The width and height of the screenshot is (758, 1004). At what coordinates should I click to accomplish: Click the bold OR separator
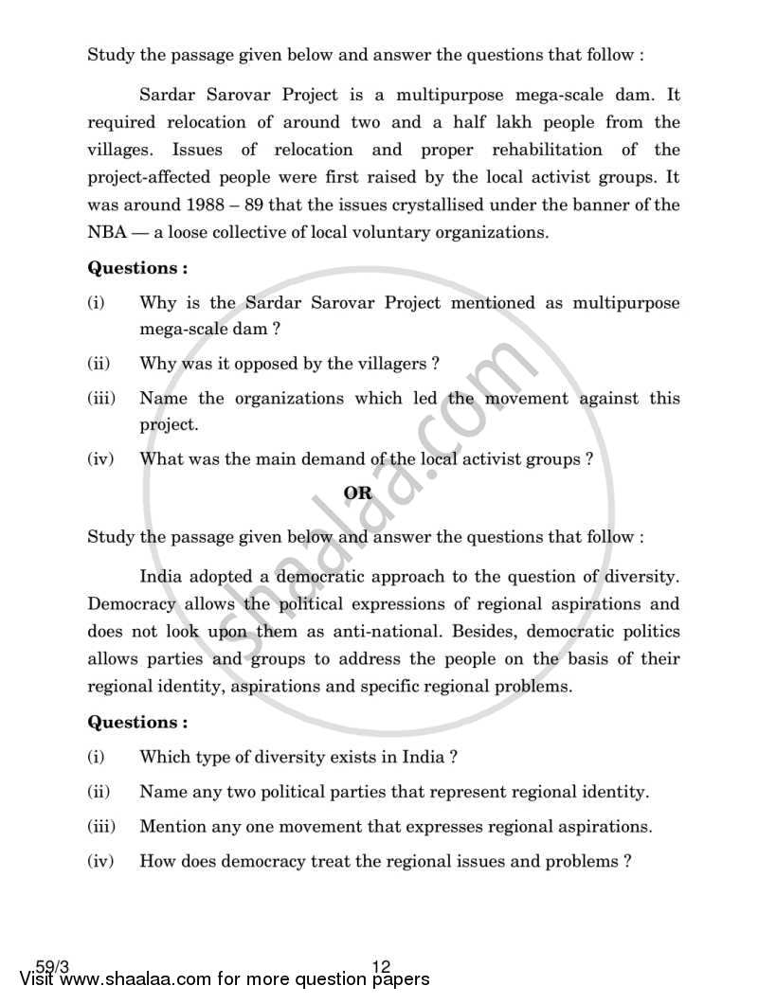point(357,493)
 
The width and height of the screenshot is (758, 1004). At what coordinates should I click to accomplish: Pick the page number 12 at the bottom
point(382,967)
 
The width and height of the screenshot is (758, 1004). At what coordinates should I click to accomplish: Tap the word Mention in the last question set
point(172,826)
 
